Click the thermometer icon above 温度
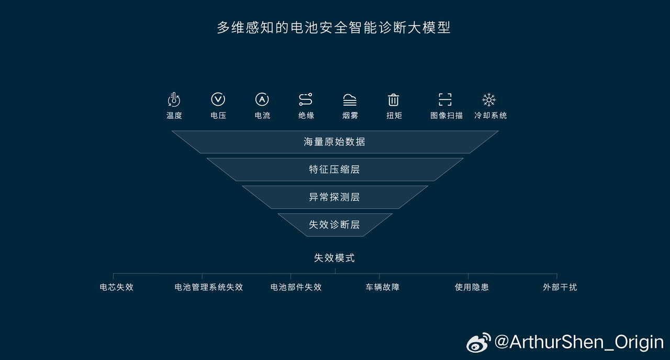(x=174, y=99)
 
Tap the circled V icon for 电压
(x=218, y=99)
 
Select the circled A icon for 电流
(x=262, y=99)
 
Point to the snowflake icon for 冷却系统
(x=489, y=99)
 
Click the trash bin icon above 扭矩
(x=393, y=100)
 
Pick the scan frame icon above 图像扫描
(x=445, y=99)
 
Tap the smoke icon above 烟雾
(x=350, y=100)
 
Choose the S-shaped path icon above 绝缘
(x=306, y=99)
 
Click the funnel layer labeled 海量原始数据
(x=334, y=142)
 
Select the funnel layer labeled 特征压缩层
(x=334, y=170)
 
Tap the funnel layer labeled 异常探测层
(x=334, y=197)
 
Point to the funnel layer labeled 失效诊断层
(x=334, y=225)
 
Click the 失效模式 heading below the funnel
(x=334, y=258)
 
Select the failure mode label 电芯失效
(x=116, y=287)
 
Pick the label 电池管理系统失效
(x=208, y=287)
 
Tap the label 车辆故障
(x=383, y=287)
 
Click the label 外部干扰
(x=560, y=287)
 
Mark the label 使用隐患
(x=472, y=287)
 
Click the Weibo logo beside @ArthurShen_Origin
(x=478, y=343)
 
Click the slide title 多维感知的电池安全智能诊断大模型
(x=334, y=28)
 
